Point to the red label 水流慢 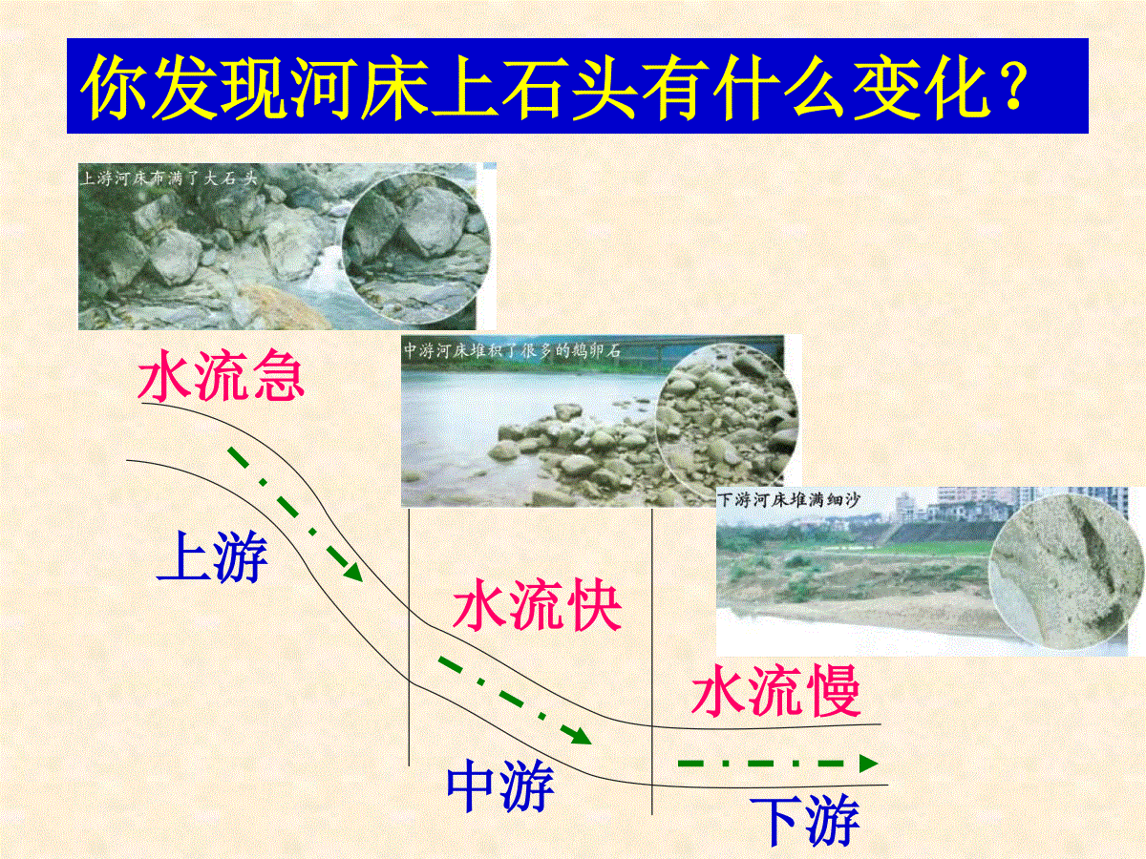(775, 690)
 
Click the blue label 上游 (213, 556)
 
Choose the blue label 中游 (500, 785)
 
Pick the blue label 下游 (806, 822)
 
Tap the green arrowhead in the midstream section (580, 735)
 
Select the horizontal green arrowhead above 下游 (868, 764)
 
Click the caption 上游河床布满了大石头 (169, 178)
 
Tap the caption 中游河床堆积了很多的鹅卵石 (513, 350)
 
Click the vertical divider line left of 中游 (409, 638)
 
